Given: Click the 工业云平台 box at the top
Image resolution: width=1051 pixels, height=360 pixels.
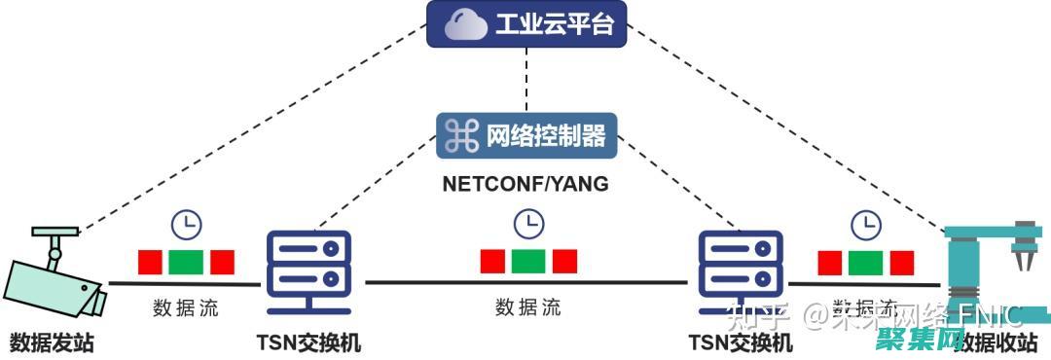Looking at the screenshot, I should (x=526, y=25).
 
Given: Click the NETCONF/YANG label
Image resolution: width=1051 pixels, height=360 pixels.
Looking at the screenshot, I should (x=525, y=184).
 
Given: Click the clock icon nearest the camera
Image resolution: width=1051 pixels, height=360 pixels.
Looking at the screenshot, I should (x=186, y=225).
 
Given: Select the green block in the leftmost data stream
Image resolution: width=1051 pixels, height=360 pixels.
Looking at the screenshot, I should (x=186, y=262).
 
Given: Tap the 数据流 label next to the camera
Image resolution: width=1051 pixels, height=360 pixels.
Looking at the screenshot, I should (x=186, y=309).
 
